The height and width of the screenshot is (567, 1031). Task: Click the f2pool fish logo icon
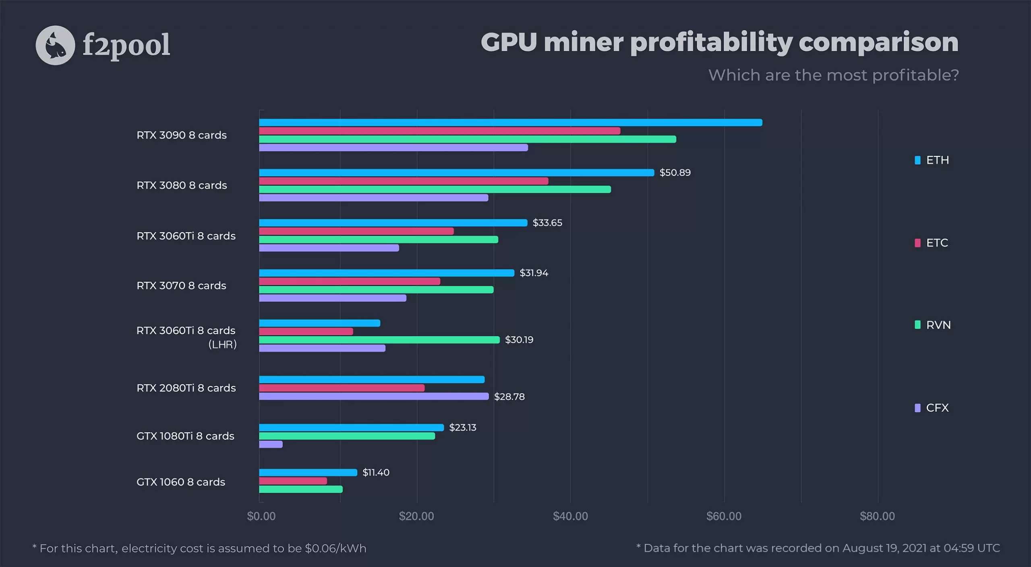pos(55,45)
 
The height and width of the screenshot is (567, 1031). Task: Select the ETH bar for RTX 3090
pos(510,123)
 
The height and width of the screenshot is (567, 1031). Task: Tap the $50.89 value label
pos(675,172)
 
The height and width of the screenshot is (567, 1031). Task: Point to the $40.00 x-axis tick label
pos(570,516)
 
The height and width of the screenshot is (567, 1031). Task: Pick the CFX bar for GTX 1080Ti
pos(271,444)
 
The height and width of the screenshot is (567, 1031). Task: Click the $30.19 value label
pos(519,340)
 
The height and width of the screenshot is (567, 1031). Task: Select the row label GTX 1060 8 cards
pos(181,482)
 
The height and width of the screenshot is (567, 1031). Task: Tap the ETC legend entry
pos(932,243)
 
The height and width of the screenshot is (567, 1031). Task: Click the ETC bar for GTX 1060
pos(293,481)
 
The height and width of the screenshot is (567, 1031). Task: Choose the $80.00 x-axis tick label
pos(877,516)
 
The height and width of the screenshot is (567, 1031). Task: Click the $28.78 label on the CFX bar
pos(509,397)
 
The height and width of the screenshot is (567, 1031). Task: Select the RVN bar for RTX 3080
pos(435,189)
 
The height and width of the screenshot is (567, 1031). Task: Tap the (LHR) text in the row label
pos(222,345)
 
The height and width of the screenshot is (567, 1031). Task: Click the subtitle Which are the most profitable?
pos(833,75)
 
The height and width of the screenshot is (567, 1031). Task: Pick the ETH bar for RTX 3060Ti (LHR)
pos(319,323)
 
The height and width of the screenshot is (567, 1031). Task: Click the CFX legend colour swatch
pos(917,408)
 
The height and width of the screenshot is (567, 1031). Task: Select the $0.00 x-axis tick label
pos(261,516)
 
